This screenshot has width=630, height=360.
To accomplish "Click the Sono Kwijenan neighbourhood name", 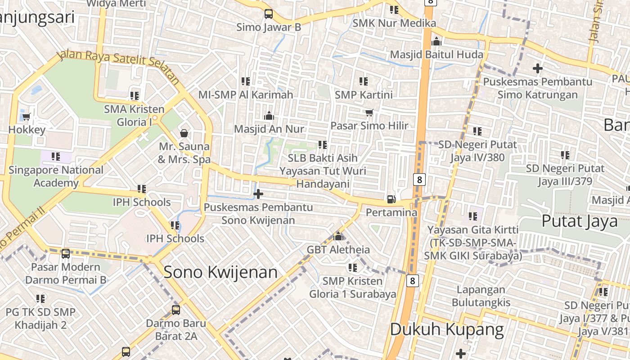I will [x=220, y=272].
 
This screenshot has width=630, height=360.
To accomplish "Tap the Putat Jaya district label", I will [x=580, y=221].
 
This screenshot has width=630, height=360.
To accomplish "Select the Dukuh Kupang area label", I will [x=447, y=329].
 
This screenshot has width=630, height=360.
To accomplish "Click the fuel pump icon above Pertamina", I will [x=391, y=199].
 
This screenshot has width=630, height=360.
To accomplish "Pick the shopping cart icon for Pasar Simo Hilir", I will [x=369, y=112].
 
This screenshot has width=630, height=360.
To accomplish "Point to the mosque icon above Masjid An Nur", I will [x=269, y=116].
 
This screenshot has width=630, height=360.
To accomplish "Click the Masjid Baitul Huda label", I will [x=436, y=54].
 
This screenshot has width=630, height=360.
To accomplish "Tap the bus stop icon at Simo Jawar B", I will [x=269, y=14].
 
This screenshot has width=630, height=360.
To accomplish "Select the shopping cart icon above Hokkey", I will [x=26, y=117].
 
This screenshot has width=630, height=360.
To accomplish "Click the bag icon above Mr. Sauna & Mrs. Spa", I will [x=184, y=133].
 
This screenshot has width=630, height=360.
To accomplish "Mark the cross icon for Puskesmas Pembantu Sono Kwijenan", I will [x=258, y=194].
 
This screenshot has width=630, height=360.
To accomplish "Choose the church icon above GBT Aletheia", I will [x=338, y=236].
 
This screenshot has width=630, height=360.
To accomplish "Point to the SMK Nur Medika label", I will [x=394, y=23].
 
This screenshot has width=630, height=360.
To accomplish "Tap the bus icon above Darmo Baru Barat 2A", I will [x=176, y=310].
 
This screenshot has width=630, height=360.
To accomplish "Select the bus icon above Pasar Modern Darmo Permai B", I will [x=66, y=254].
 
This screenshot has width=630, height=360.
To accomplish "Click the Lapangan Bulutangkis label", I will [x=481, y=296].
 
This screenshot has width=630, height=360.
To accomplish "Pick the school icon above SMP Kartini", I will [x=364, y=81].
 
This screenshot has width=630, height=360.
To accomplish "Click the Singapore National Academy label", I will [x=56, y=176].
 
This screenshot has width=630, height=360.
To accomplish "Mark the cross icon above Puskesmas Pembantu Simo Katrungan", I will [x=538, y=68].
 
